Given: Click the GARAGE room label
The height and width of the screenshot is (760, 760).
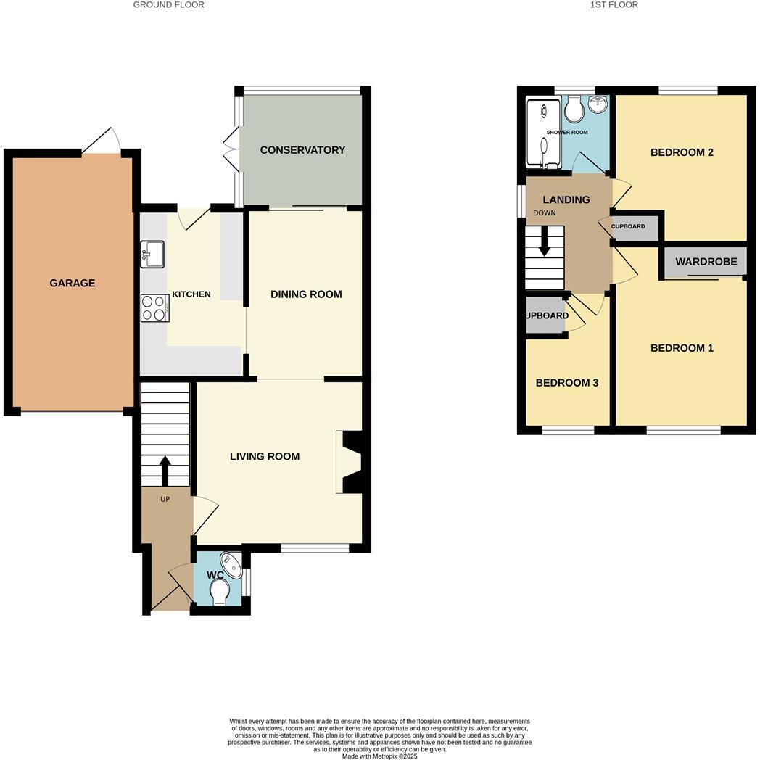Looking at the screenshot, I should click(x=72, y=284).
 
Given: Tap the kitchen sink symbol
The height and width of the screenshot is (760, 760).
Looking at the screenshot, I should click(x=154, y=254).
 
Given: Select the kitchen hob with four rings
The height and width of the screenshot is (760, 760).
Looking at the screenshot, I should click(x=154, y=307).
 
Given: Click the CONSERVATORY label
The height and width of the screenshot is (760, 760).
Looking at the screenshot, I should click(x=302, y=150).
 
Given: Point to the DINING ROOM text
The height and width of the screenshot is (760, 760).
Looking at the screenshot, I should click(x=306, y=294).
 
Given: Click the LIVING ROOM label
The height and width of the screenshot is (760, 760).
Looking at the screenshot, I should click(x=265, y=457).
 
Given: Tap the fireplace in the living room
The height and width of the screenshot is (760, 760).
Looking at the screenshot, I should click(x=351, y=463).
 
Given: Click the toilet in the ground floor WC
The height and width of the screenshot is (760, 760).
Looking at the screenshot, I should click(x=220, y=594).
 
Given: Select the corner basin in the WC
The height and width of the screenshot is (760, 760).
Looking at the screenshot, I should click(x=232, y=563).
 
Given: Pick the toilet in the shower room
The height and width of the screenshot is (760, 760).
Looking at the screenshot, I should click(x=574, y=110).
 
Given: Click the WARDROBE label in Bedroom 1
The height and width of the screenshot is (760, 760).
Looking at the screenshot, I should click(x=706, y=262).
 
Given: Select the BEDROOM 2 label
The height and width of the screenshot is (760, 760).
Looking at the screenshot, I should click(x=682, y=152).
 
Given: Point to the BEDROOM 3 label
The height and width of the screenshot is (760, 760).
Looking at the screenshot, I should click(x=566, y=383).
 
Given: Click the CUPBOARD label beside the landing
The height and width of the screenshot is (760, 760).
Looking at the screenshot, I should click(x=628, y=226).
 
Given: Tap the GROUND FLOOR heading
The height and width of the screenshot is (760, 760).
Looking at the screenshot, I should click(x=169, y=5).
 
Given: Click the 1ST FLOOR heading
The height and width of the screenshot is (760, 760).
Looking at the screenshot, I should click(x=614, y=5).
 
